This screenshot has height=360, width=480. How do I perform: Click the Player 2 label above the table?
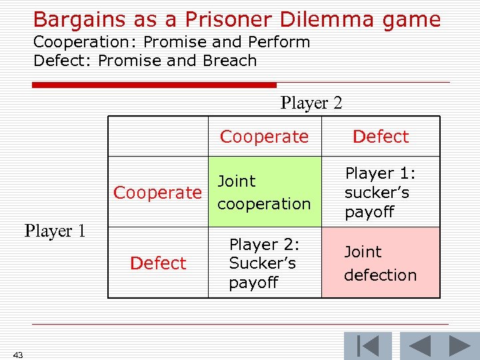click(311, 103)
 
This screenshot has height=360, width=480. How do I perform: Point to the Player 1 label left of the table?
click(55, 231)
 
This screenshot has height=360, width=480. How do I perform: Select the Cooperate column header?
click(264, 137)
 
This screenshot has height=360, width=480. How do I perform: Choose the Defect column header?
click(380, 137)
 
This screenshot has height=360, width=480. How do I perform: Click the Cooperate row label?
click(157, 193)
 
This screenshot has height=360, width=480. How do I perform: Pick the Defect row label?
click(158, 263)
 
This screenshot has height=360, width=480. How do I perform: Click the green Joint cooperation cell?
click(264, 192)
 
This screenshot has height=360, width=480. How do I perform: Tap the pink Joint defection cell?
click(380, 263)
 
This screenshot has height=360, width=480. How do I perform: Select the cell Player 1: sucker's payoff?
click(380, 193)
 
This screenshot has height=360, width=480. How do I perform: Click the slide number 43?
click(17, 355)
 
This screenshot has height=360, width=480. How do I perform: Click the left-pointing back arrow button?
click(419, 346)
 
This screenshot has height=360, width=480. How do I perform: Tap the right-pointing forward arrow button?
click(459, 346)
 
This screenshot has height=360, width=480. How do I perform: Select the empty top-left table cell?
click(158, 137)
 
